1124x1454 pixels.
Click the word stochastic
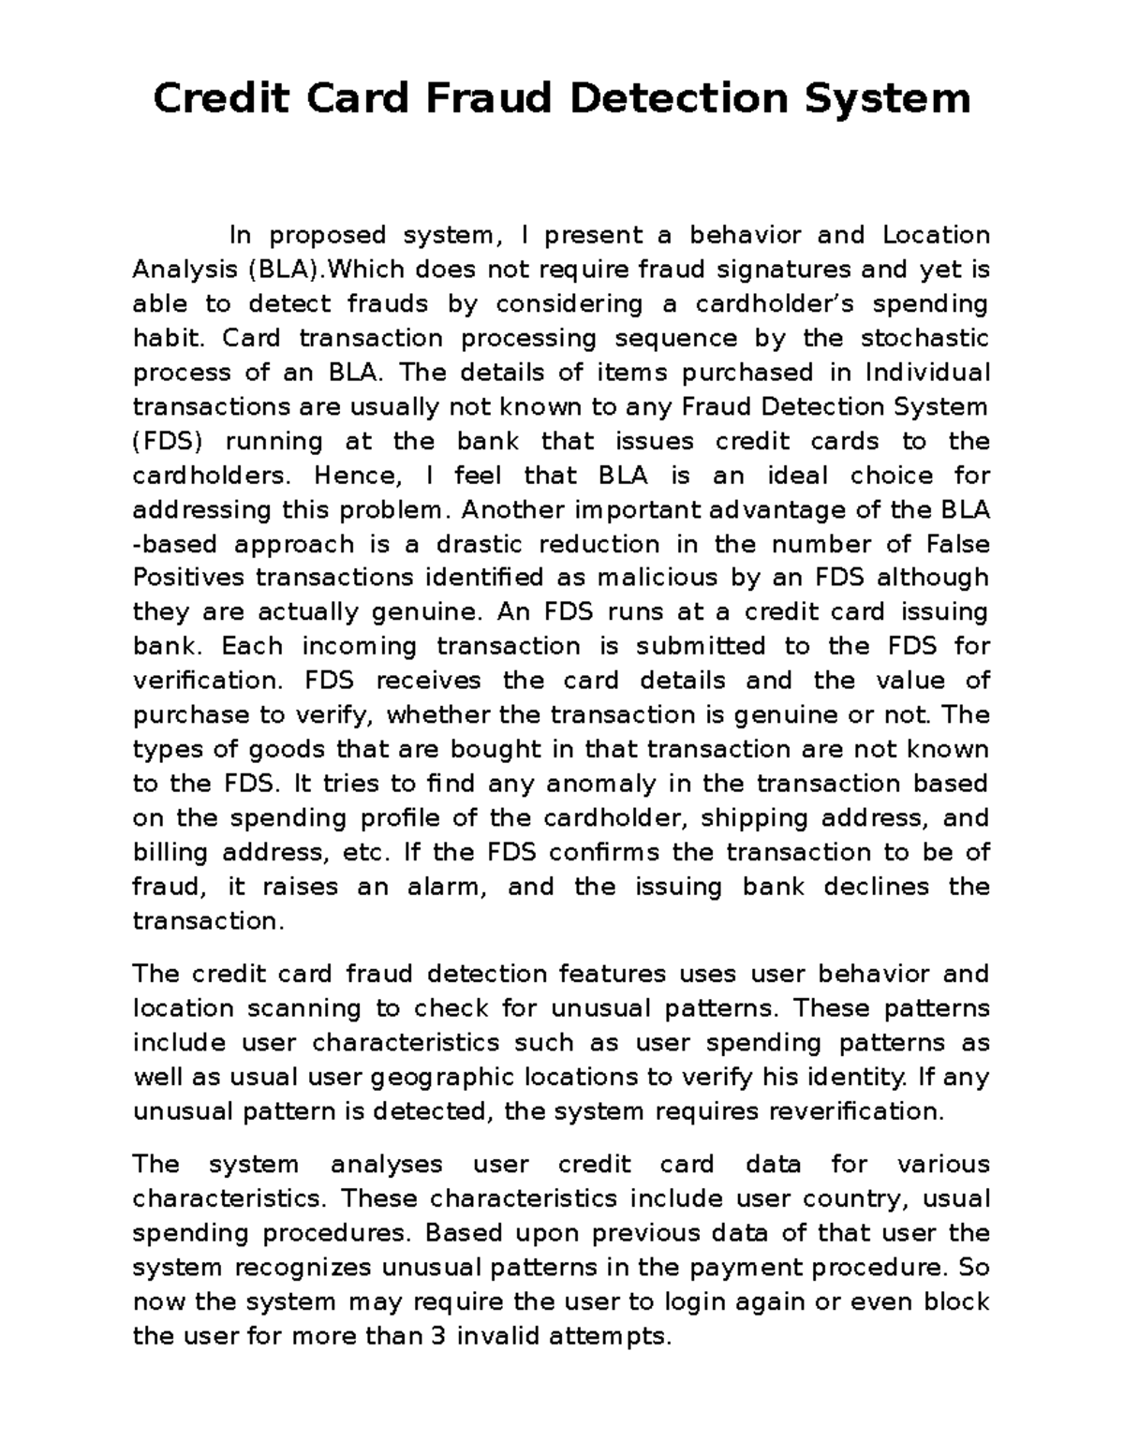coord(924,338)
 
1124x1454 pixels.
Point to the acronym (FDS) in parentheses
coord(166,441)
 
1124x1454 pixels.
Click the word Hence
coord(357,476)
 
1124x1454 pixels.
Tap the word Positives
coord(189,578)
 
